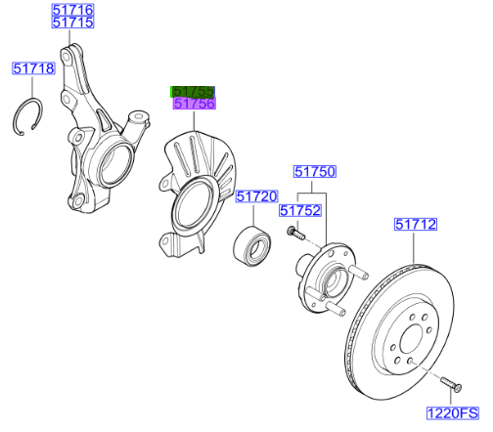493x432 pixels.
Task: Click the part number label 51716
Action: tap(73, 10)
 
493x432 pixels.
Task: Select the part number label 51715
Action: tap(73, 22)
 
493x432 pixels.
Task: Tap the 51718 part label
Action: tap(33, 68)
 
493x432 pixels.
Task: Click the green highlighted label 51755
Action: tap(193, 92)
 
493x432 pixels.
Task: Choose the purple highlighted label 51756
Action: tap(195, 104)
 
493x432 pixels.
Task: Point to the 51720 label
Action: tap(257, 196)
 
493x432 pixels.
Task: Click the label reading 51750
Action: tap(315, 172)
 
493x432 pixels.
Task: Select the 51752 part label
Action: tap(300, 210)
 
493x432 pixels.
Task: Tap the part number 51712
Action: tap(416, 224)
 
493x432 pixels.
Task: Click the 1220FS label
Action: tap(453, 413)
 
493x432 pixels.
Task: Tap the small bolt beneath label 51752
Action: tap(295, 233)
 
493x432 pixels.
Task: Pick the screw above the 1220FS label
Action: tap(451, 384)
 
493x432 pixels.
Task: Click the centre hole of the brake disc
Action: tap(413, 339)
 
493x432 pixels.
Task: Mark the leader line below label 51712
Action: tap(414, 247)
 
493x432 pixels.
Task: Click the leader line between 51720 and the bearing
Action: tap(253, 214)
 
